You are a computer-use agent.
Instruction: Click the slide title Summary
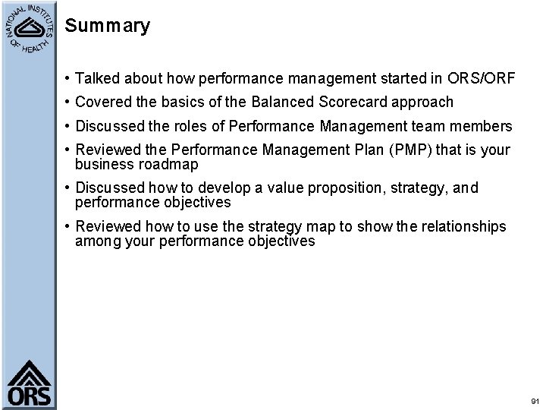tap(108, 27)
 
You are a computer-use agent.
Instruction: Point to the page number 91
tap(535, 401)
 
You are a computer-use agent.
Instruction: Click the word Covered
tap(102, 102)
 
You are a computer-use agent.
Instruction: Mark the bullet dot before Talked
tap(68, 79)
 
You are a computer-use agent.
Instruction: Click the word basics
tap(183, 102)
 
